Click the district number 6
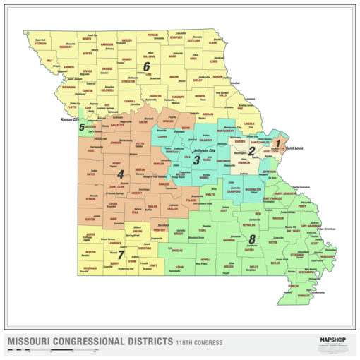click(147, 67)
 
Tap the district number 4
click(120, 174)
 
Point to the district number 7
click(121, 254)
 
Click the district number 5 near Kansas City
click(82, 128)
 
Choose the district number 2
click(251, 150)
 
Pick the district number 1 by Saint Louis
click(278, 143)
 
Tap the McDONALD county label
click(90, 268)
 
